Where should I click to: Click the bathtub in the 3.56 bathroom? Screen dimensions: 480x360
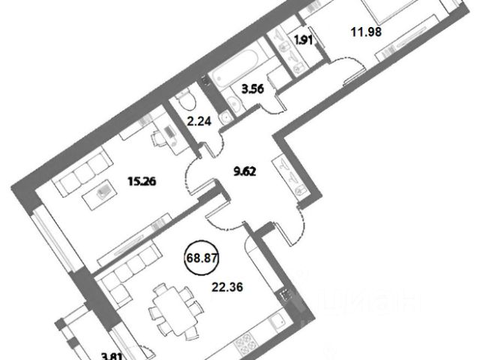point(235,73)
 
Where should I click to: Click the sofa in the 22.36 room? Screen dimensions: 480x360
point(128,271)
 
